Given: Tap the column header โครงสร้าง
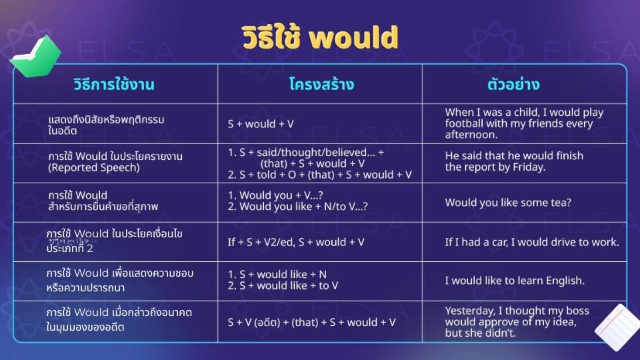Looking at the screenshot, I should pos(321,85).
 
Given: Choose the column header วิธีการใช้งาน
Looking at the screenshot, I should pos(114,85).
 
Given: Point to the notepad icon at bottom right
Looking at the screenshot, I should pos(617,327).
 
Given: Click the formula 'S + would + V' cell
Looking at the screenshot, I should pos(261,124).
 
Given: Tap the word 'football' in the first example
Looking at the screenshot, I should pos(466,123).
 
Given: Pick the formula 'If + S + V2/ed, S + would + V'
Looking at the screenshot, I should pos(296,242).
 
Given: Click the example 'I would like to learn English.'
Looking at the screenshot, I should pos(515,281).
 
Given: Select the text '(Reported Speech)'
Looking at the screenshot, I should pos(94,168).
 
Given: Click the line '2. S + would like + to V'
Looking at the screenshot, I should pos(283,286).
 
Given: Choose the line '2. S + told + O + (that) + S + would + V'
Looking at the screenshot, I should pos(320,175).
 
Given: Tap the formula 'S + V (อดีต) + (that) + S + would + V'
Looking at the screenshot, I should pos(312,322).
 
